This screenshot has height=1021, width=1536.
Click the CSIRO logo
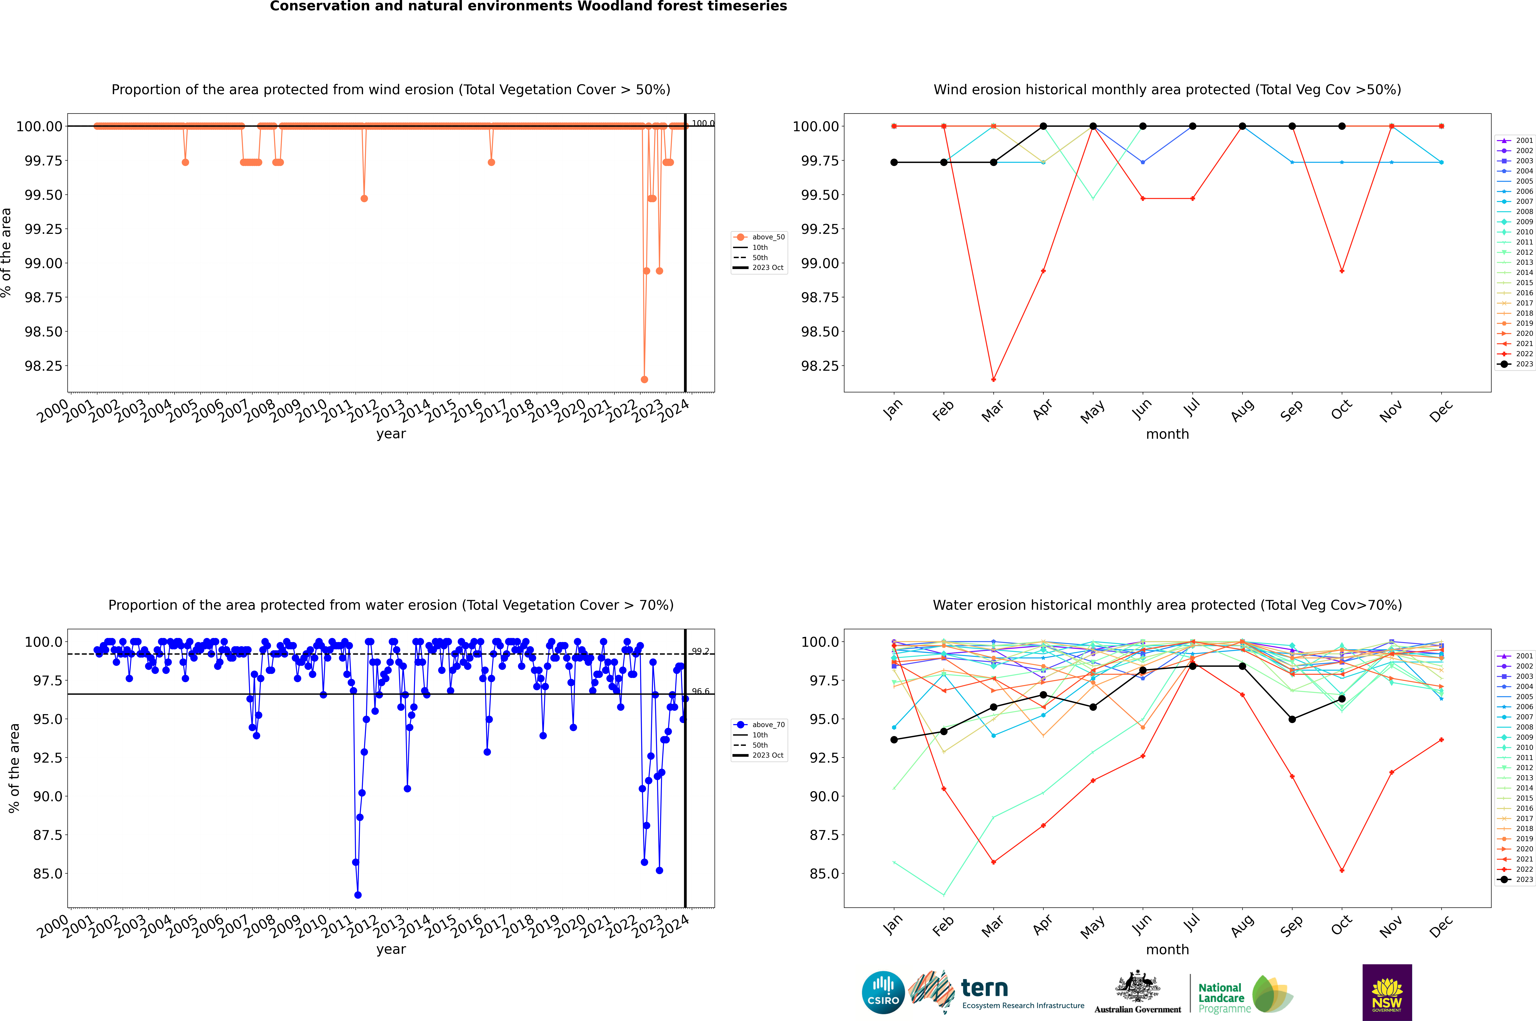pyautogui.click(x=883, y=992)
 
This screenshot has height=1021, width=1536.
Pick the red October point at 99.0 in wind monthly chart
pyautogui.click(x=1342, y=271)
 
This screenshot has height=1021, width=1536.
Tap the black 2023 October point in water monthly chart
pyautogui.click(x=1342, y=699)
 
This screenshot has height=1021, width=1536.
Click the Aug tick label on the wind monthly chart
pyautogui.click(x=1242, y=410)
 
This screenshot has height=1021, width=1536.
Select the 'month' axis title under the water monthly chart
pyautogui.click(x=1167, y=949)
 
